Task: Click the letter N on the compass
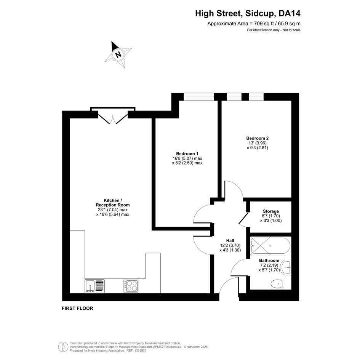click(x=118, y=55)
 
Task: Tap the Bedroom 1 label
click(x=187, y=154)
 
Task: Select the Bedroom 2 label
click(x=258, y=138)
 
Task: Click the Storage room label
click(x=271, y=211)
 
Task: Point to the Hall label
click(x=230, y=240)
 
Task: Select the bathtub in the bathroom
click(x=271, y=246)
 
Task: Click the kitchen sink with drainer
click(x=94, y=286)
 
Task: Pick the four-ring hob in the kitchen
click(x=131, y=286)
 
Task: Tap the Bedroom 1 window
click(x=198, y=97)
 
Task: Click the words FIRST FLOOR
click(x=77, y=308)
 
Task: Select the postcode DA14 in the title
click(x=289, y=14)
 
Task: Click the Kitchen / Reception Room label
click(x=113, y=203)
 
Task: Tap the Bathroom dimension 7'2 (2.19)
click(x=269, y=265)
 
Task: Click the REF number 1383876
click(x=140, y=350)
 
